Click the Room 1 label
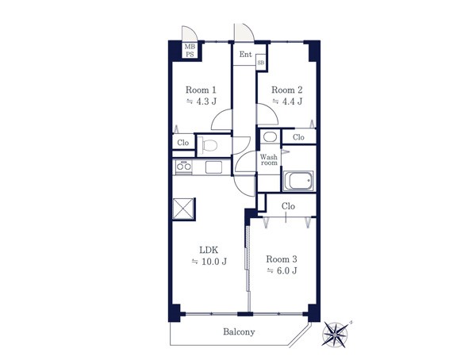(x=201, y=90)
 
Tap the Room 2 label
(x=287, y=90)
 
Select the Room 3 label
(x=282, y=259)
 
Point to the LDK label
(x=209, y=250)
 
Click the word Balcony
(x=239, y=331)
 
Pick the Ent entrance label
(x=245, y=55)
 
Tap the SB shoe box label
(x=261, y=63)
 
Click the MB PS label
(x=190, y=51)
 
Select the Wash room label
(x=269, y=159)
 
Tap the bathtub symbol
(x=298, y=181)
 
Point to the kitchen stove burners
(x=184, y=167)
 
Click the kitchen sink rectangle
(x=213, y=167)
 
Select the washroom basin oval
(x=270, y=137)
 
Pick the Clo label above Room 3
(x=288, y=206)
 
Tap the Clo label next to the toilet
(x=183, y=143)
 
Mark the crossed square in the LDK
(x=183, y=209)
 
